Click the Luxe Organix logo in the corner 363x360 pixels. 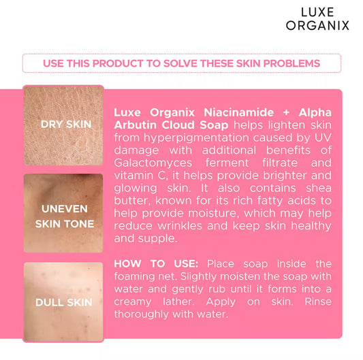coord(324,18)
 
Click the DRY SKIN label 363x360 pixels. coord(65,125)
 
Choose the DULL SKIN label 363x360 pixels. coord(65,302)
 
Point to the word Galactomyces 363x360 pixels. coord(153,163)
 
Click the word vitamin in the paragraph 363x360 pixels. coord(133,176)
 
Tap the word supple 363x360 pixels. coord(157,239)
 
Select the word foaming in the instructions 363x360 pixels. coord(138,277)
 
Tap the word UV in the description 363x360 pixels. coord(123,150)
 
